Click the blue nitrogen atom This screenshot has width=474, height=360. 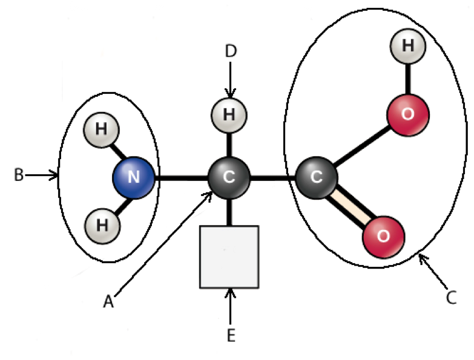click(134, 177)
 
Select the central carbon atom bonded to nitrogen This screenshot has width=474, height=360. click(229, 177)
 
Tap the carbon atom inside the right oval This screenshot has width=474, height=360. click(316, 177)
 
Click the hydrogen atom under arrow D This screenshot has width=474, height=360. click(229, 113)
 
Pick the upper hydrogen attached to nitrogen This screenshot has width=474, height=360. click(101, 129)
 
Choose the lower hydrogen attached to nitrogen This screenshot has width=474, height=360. click(101, 225)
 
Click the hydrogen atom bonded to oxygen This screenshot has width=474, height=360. click(407, 45)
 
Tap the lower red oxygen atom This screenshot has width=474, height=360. click(383, 235)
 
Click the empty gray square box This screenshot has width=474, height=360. click(229, 257)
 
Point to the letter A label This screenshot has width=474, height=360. click(108, 301)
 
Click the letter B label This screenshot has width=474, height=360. click(18, 175)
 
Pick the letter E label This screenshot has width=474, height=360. click(231, 336)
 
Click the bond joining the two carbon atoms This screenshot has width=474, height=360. click(272, 178)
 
